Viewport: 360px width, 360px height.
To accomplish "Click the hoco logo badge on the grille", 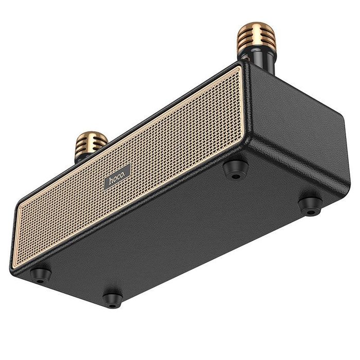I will coord(117,176).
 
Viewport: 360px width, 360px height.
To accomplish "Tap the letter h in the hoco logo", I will coord(110,181).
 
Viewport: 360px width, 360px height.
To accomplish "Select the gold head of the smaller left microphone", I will coord(91,142).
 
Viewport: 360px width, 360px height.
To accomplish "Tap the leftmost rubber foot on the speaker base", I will coord(41,275).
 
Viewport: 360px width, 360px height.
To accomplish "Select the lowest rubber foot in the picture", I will coord(112,299).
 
